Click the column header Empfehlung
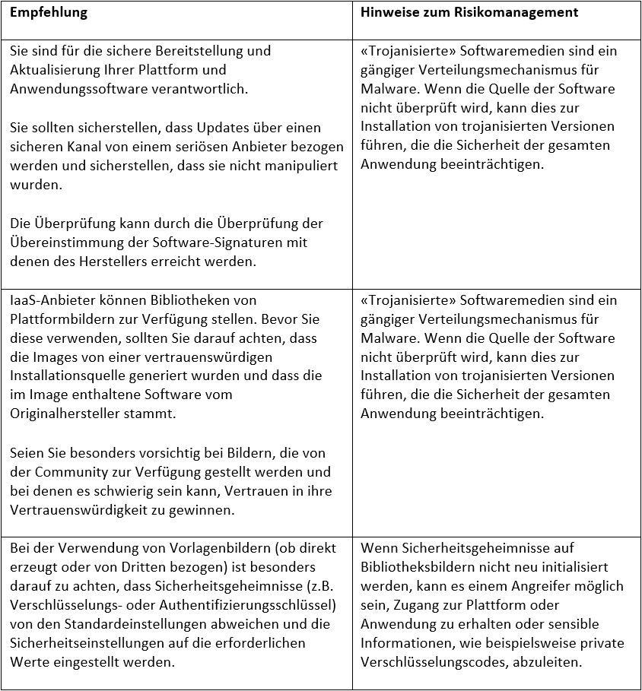click(x=49, y=13)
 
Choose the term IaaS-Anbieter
click(x=47, y=300)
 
